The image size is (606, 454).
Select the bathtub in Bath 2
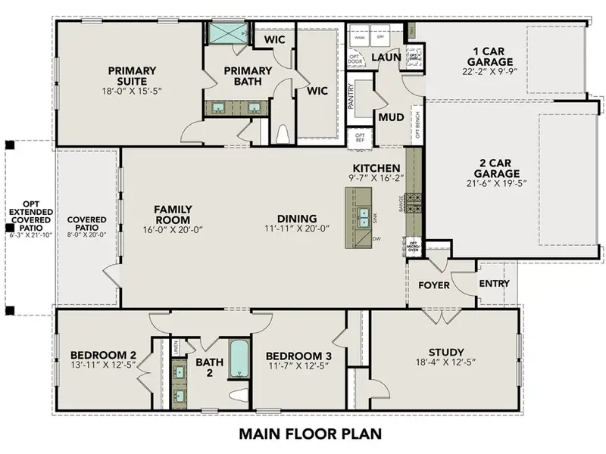coord(239,359)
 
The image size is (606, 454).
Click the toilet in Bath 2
coord(239,396)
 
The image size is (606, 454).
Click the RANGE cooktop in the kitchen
coord(414,202)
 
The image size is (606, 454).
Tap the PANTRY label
coord(351,96)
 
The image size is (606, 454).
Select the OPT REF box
coord(360,138)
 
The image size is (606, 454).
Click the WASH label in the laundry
coord(359,37)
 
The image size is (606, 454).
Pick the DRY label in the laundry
coord(381,37)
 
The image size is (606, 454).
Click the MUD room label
coord(390,117)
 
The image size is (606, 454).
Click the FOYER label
coord(433,285)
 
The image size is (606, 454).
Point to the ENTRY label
coord(493,284)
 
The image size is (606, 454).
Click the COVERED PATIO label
coord(87,224)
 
